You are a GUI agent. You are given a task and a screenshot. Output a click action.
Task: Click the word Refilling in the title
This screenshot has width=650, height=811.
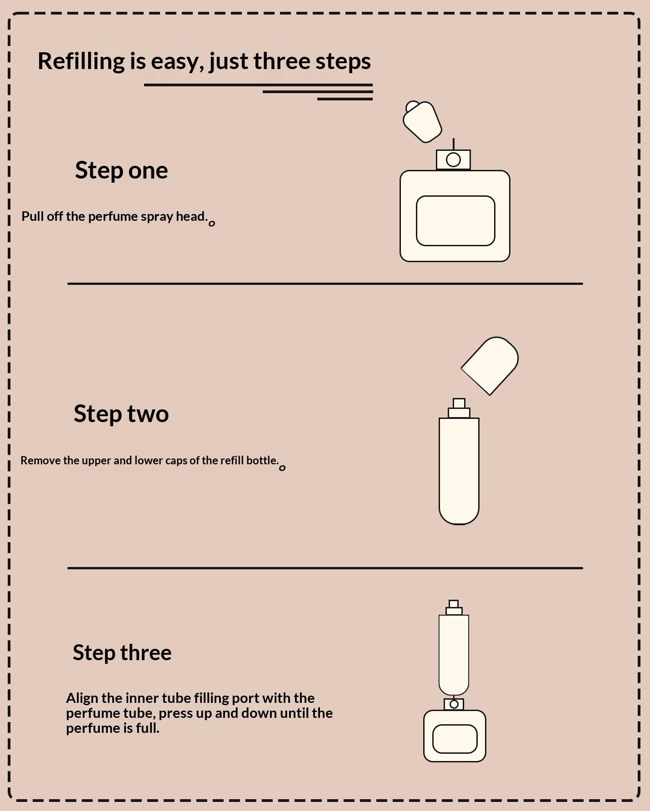pyautogui.click(x=81, y=61)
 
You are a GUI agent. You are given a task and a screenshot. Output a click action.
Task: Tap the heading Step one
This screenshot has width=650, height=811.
pyautogui.click(x=121, y=170)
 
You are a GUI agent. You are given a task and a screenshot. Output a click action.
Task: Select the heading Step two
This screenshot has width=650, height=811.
pyautogui.click(x=121, y=414)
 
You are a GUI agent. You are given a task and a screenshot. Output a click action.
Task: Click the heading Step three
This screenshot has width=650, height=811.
pyautogui.click(x=122, y=652)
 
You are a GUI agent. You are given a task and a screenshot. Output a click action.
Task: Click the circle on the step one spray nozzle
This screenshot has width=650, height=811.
pyautogui.click(x=453, y=159)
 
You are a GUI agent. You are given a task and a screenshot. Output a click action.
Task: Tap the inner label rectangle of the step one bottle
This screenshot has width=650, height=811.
pyautogui.click(x=455, y=221)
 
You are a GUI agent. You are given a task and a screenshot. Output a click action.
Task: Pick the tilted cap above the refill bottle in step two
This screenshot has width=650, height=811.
pyautogui.click(x=490, y=366)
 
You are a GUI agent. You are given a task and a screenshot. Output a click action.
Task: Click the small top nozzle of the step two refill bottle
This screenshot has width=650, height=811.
pyautogui.click(x=459, y=403)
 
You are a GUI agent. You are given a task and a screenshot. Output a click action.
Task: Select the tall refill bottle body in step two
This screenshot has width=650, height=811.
pyautogui.click(x=459, y=471)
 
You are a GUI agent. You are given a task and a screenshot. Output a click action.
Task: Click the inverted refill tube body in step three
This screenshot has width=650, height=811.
pyautogui.click(x=454, y=655)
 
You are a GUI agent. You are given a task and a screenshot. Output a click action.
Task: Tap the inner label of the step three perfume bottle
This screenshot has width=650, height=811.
pyautogui.click(x=455, y=739)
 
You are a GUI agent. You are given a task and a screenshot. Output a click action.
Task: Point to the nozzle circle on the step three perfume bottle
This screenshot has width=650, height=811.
pyautogui.click(x=454, y=704)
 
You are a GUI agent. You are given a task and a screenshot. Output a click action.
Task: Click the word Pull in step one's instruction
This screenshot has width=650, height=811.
pyautogui.click(x=32, y=216)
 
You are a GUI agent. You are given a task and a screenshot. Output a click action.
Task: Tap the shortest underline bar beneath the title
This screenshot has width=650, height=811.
pyautogui.click(x=345, y=99)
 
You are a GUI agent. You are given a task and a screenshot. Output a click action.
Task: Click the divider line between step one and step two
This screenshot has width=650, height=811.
pyautogui.click(x=325, y=284)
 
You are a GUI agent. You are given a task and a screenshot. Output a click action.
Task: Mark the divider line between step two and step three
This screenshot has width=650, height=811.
pyautogui.click(x=325, y=568)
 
